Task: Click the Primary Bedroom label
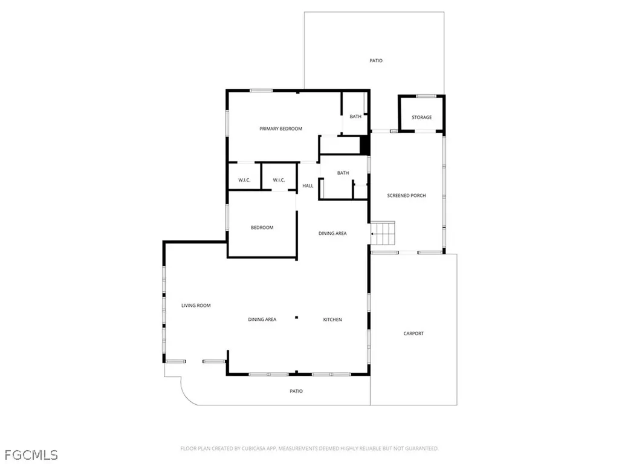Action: click(x=280, y=129)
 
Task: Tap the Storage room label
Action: click(x=421, y=117)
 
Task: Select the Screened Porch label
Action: click(x=406, y=196)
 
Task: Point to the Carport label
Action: click(x=413, y=333)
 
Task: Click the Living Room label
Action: click(x=196, y=306)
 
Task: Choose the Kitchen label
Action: click(x=332, y=320)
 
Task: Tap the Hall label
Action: click(x=308, y=186)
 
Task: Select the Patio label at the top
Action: click(x=376, y=60)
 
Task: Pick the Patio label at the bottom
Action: click(x=296, y=391)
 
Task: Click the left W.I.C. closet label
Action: click(x=244, y=180)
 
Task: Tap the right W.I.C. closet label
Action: click(x=279, y=180)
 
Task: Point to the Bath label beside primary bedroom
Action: click(x=355, y=117)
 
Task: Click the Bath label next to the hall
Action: click(x=343, y=173)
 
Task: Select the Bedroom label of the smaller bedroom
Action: click(x=262, y=228)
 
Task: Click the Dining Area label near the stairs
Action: click(x=332, y=233)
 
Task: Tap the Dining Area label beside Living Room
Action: click(x=262, y=320)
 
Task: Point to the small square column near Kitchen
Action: click(x=296, y=317)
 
